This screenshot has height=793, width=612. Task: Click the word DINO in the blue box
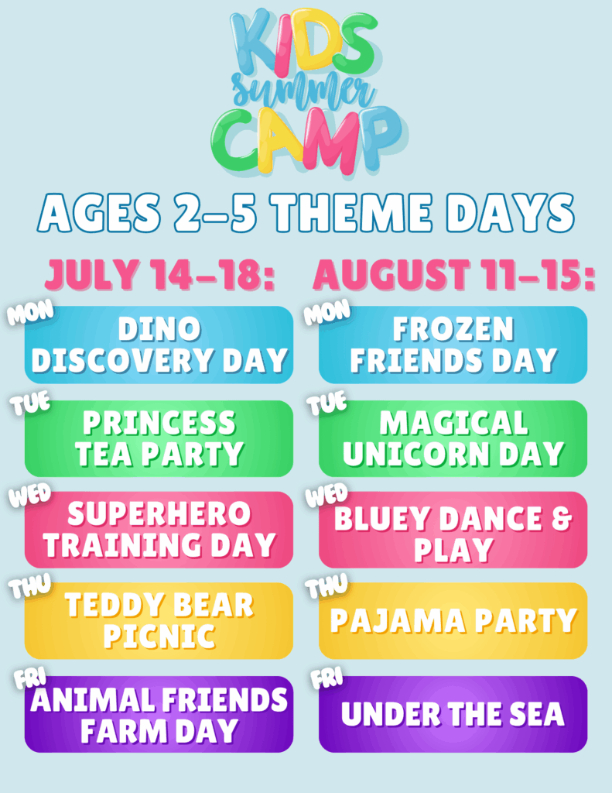click(159, 329)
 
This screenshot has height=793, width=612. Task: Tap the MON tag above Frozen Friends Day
click(327, 311)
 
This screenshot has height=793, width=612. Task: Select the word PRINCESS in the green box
click(159, 423)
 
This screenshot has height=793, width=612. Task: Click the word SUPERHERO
click(159, 514)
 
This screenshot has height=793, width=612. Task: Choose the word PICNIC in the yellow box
click(159, 637)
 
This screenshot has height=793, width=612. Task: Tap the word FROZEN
click(453, 329)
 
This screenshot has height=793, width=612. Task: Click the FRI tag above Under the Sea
click(326, 678)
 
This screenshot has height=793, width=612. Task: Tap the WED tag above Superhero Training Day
click(30, 495)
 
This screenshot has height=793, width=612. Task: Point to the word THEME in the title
click(350, 212)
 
